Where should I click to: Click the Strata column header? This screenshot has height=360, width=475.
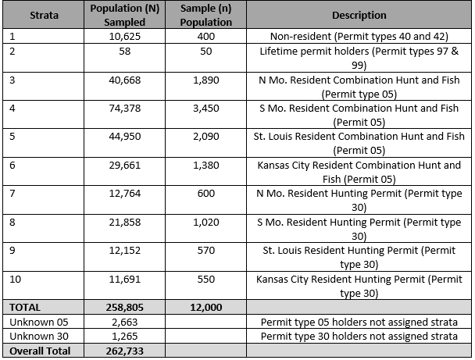(44, 15)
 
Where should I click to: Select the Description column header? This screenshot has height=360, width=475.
(359, 15)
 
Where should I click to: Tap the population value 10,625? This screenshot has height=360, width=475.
(125, 37)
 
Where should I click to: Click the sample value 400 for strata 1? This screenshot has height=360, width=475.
(206, 37)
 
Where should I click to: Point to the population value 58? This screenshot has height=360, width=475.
(125, 52)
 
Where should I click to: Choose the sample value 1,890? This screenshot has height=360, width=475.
(206, 80)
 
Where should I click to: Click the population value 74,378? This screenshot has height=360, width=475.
(125, 108)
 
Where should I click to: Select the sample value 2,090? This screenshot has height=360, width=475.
(206, 136)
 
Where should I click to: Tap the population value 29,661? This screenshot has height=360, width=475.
(125, 165)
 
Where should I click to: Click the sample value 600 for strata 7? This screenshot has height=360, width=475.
(206, 193)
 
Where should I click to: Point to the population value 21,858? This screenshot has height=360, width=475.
(125, 223)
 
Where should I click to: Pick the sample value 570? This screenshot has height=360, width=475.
(206, 251)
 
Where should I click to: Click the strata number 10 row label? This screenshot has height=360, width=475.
(15, 279)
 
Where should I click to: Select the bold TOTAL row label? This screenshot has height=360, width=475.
(25, 308)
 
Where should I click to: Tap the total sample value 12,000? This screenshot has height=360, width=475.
(206, 308)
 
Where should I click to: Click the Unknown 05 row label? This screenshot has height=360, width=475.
(39, 322)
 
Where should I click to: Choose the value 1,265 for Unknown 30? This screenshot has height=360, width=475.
(125, 336)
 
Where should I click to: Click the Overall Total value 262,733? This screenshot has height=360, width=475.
(125, 351)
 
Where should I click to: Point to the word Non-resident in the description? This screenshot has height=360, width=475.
(301, 37)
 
